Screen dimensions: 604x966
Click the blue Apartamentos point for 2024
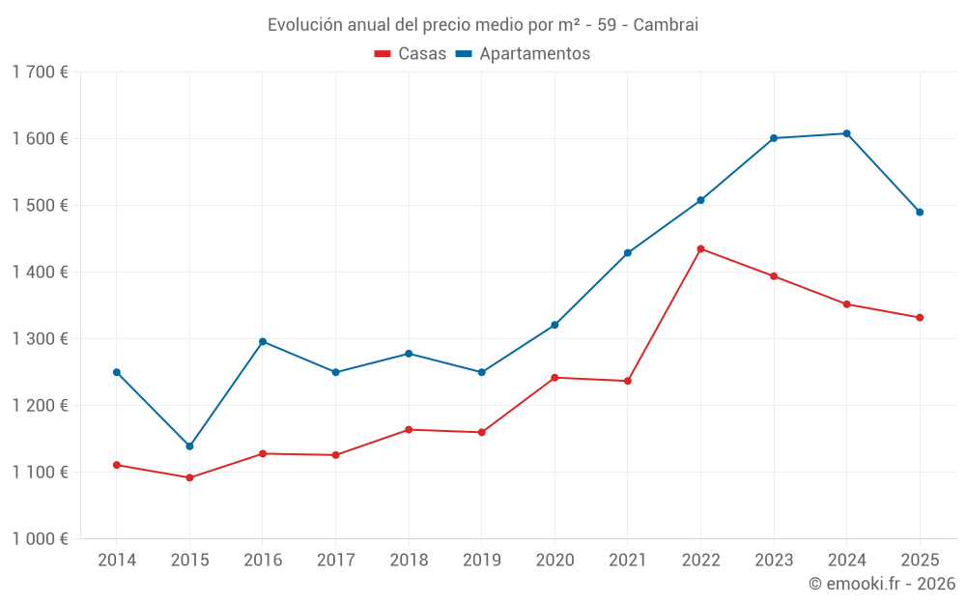click(846, 133)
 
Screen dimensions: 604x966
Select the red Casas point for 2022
click(700, 249)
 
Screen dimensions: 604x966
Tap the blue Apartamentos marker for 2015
click(189, 446)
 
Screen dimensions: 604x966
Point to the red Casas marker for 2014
click(117, 465)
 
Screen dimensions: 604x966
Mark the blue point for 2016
click(263, 341)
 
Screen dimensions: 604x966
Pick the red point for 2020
click(554, 378)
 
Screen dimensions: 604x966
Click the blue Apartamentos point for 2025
click(920, 213)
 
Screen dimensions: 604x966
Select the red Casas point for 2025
click(920, 318)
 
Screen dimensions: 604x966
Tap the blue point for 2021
click(628, 253)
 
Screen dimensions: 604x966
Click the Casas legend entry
click(412, 54)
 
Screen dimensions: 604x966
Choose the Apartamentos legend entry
click(523, 54)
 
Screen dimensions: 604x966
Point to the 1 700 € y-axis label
click(40, 72)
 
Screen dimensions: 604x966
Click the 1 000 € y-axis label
click(40, 539)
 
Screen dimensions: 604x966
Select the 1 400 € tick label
click(40, 273)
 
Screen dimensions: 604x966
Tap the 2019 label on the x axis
click(481, 560)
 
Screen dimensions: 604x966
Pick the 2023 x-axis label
click(774, 560)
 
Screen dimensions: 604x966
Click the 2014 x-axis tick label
click(117, 560)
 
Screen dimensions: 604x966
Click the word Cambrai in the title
click(666, 24)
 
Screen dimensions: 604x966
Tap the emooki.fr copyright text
click(882, 584)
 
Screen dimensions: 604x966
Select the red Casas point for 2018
click(409, 429)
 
